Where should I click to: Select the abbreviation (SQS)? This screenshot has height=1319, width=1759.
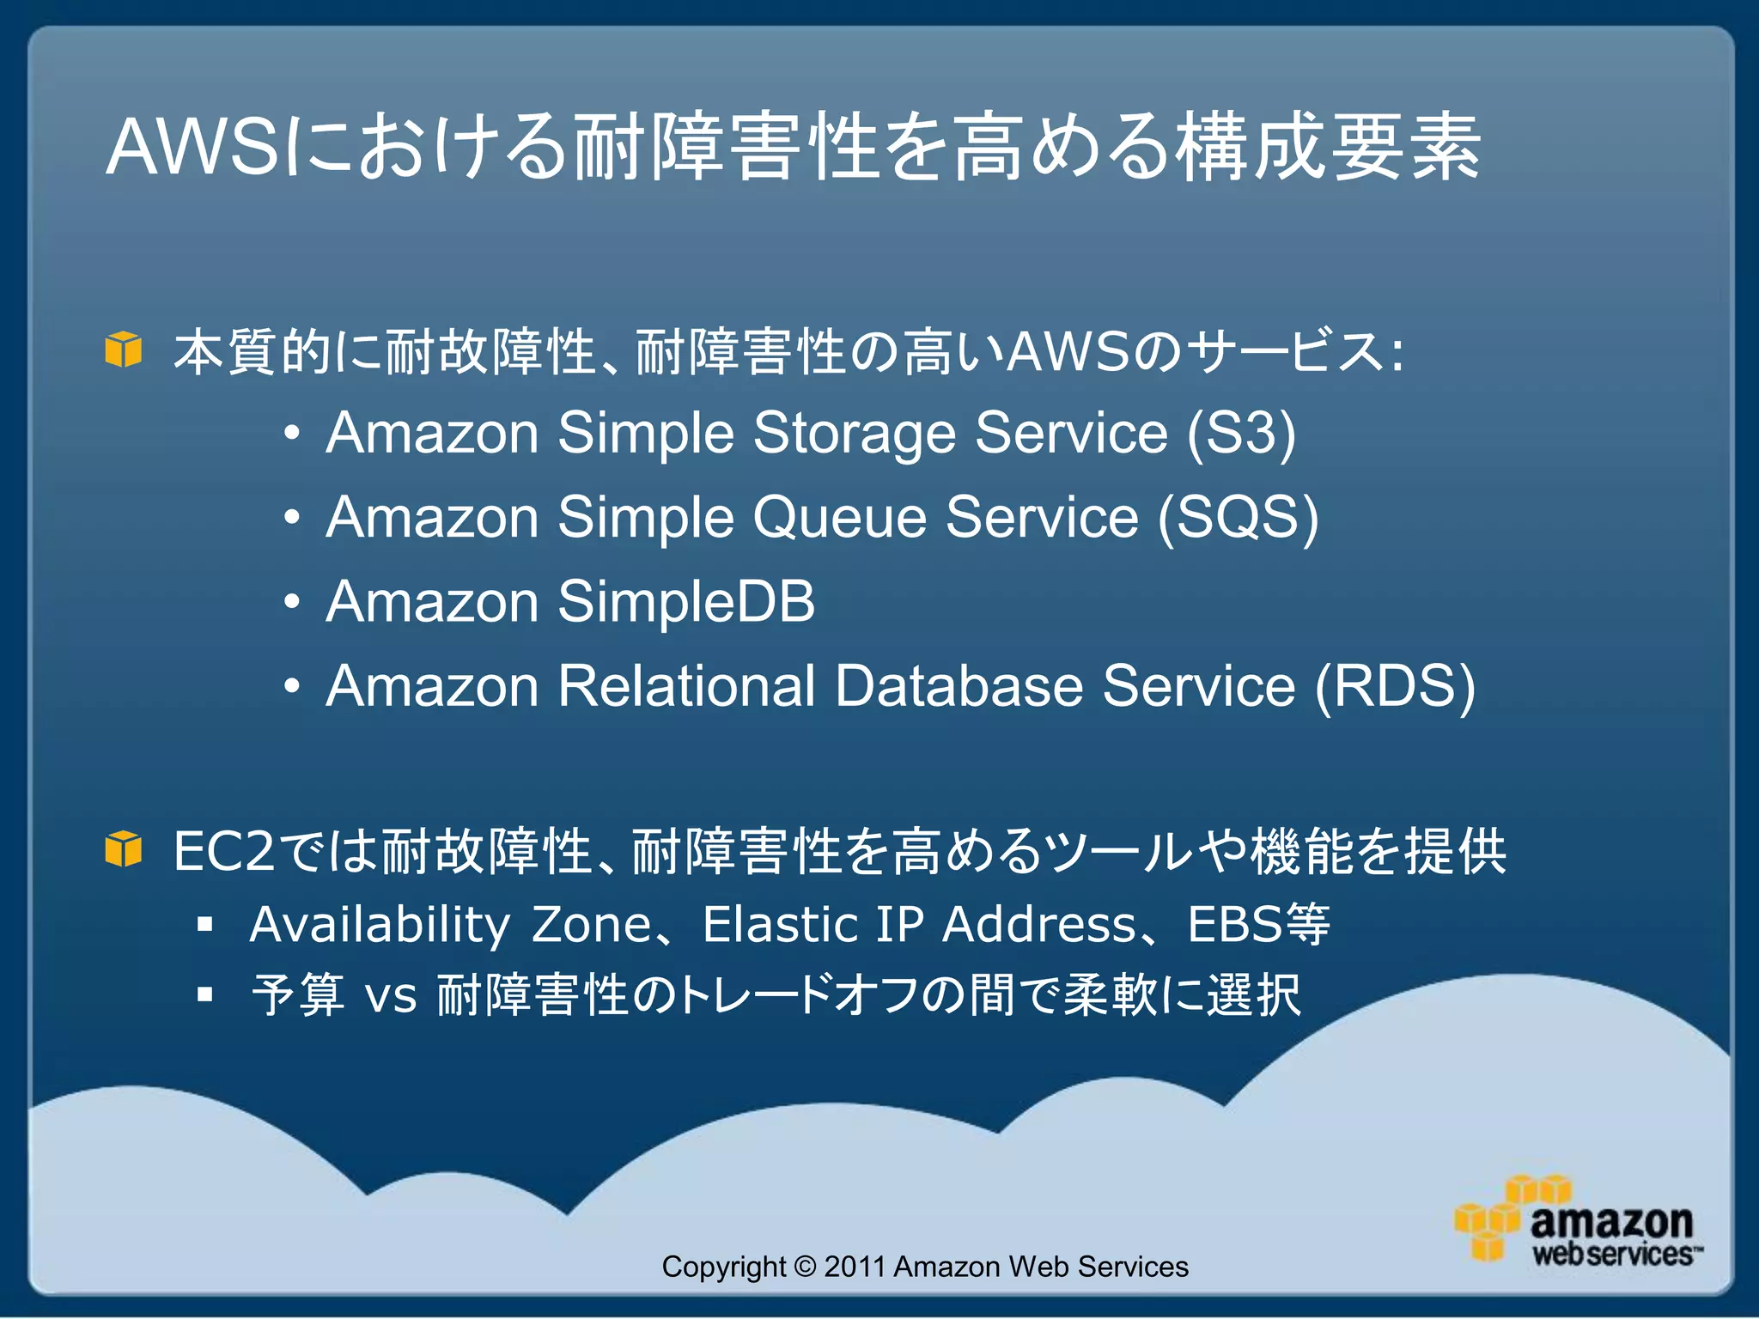pos(1238,518)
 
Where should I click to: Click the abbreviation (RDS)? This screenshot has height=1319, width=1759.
pos(1395,687)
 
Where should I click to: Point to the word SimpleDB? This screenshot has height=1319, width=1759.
pos(685,602)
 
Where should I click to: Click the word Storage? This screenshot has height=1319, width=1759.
pos(854,435)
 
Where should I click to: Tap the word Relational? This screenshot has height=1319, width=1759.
pos(686,687)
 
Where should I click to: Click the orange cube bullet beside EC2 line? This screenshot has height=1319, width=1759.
pos(123,850)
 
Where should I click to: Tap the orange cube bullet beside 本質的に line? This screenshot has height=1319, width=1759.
pos(123,350)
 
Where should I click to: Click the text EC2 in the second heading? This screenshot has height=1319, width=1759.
pos(223,852)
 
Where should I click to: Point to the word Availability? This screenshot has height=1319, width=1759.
pos(380,926)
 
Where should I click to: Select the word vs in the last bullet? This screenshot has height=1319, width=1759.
pos(391,997)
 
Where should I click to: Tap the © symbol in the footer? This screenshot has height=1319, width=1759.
pos(805,1267)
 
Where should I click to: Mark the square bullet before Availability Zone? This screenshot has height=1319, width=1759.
pos(204,925)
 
